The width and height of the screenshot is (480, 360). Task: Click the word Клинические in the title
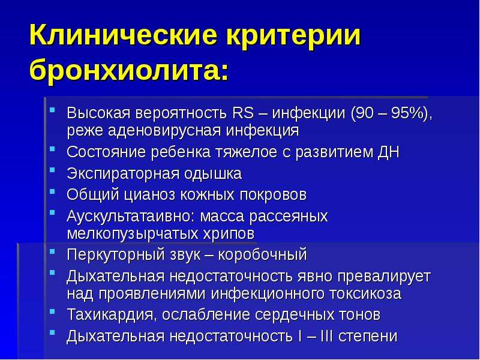[124, 35]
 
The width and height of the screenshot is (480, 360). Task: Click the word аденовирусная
[164, 130]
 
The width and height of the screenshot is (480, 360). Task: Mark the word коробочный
[262, 254]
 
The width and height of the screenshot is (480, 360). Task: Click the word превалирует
[384, 277]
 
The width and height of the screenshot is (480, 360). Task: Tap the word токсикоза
[365, 293]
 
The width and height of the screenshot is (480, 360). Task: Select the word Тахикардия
[112, 314]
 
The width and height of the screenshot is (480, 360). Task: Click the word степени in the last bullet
[368, 337]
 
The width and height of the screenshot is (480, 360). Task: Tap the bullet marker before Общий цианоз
[53, 192]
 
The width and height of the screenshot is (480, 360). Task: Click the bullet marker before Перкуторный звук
[53, 251]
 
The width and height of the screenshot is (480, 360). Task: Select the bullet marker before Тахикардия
[53, 311]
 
